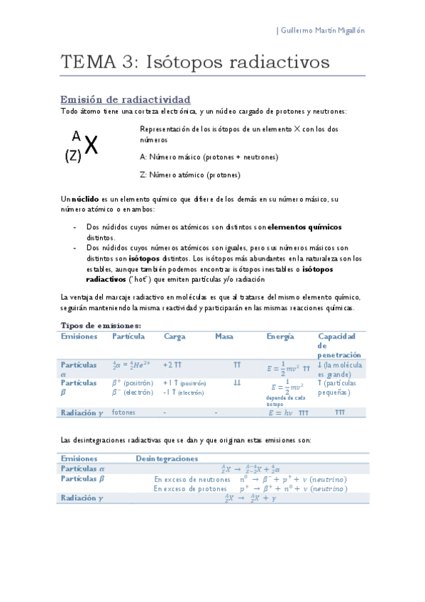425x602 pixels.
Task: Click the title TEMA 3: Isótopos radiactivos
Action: [195, 62]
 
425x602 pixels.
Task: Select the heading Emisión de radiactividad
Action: [125, 99]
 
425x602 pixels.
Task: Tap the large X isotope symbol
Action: [91, 146]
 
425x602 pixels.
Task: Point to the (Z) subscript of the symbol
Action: [72, 157]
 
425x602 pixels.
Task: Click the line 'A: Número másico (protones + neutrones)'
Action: [209, 156]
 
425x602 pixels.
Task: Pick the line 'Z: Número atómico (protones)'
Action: [190, 174]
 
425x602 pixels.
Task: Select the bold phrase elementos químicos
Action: [305, 227]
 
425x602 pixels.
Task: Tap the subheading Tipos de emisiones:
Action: [101, 325]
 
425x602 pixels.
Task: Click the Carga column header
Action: [174, 336]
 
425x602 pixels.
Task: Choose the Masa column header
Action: [224, 336]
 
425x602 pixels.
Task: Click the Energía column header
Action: [281, 336]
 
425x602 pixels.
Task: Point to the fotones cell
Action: [123, 412]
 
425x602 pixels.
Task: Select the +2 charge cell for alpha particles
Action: [172, 364]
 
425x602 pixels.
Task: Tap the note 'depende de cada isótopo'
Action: [285, 401]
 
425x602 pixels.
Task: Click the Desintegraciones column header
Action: [167, 459]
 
